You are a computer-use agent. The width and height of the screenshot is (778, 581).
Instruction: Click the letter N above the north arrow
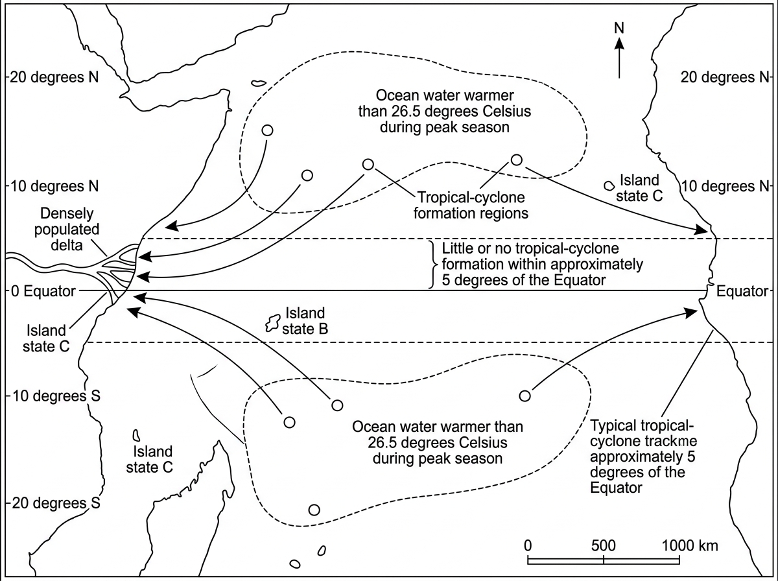click(619, 28)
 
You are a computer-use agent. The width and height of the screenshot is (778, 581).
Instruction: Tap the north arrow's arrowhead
click(619, 44)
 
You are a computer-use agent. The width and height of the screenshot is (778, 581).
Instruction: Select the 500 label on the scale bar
click(603, 545)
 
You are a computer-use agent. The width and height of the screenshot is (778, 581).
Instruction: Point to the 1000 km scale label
click(690, 545)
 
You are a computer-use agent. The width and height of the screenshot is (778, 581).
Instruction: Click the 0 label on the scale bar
click(528, 545)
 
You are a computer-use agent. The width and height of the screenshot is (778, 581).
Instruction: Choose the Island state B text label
click(305, 321)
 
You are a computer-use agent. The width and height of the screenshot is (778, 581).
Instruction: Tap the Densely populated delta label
click(67, 230)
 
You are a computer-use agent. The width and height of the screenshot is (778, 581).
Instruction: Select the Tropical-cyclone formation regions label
click(471, 206)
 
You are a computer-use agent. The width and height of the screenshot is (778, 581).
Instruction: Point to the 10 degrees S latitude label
click(56, 396)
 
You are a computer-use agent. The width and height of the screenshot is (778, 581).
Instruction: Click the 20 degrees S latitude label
click(56, 503)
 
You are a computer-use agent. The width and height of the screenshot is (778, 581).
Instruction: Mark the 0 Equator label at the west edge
click(43, 291)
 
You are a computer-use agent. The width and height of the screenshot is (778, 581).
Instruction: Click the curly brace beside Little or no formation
click(432, 265)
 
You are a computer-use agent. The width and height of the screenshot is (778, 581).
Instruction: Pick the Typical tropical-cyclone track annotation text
click(643, 456)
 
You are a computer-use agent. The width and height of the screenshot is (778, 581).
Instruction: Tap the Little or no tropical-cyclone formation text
click(542, 265)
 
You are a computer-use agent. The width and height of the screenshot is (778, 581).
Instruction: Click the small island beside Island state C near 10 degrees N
click(609, 185)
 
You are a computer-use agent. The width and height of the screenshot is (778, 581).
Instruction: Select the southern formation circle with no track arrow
click(314, 510)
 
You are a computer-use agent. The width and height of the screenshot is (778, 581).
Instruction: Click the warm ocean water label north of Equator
click(445, 112)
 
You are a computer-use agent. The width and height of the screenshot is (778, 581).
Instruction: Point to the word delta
click(67, 245)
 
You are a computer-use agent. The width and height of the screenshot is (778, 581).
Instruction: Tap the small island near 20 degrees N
click(259, 83)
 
